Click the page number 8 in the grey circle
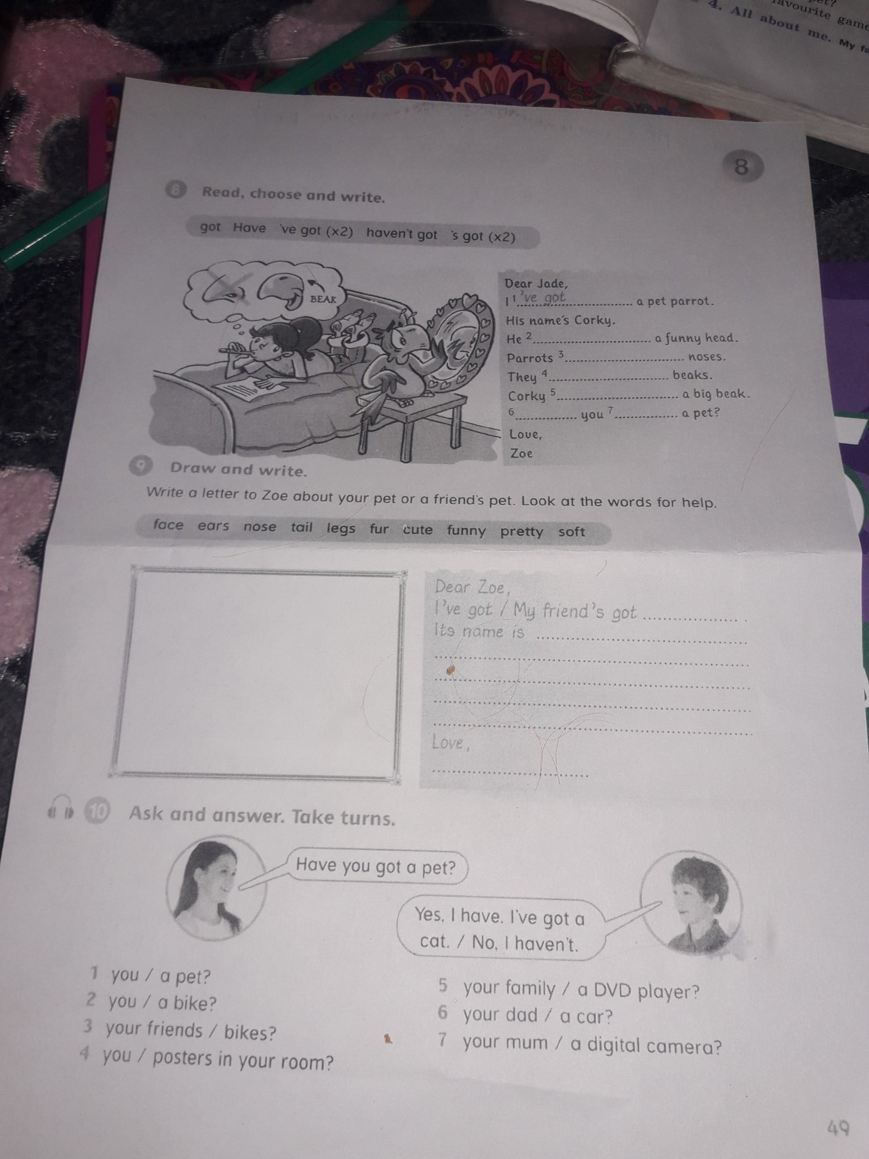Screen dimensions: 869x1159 coord(741,167)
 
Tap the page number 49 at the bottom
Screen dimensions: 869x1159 coord(839,1126)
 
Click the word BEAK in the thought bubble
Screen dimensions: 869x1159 coord(323,299)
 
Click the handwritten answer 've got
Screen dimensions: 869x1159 coord(541,298)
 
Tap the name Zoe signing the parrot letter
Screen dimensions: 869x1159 coord(521,453)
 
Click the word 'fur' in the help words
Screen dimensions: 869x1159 coord(379,528)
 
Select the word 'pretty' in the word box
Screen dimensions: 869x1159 coord(522,532)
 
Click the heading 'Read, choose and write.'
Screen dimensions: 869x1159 coord(294,195)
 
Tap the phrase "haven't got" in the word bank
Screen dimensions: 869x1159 coord(402,235)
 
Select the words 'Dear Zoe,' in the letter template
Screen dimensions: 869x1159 coord(473,588)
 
